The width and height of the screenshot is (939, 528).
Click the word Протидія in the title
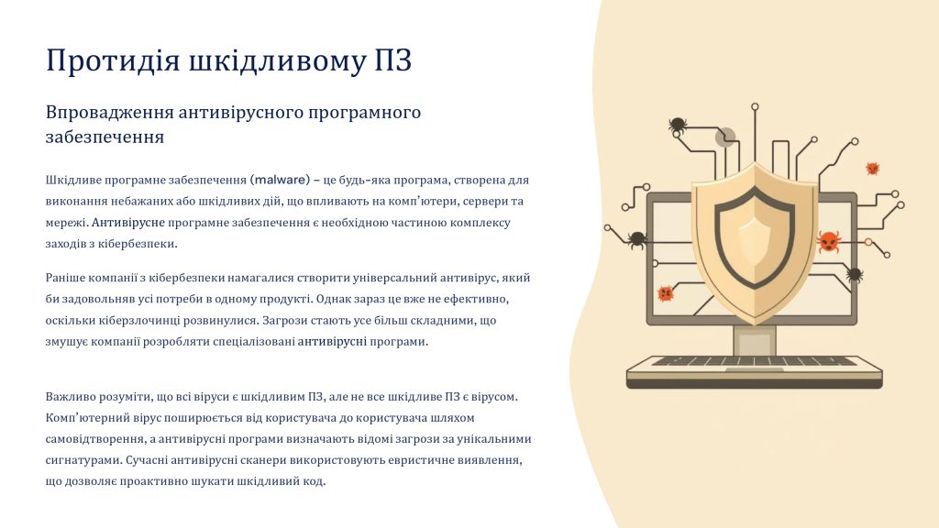(113, 60)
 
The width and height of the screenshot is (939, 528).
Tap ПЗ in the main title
(392, 60)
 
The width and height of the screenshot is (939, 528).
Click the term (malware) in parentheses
(281, 180)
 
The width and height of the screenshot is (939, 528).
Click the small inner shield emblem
(755, 243)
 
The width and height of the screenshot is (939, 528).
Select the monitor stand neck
(755, 341)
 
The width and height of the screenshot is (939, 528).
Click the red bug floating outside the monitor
(873, 169)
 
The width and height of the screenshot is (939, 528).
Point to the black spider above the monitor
(678, 125)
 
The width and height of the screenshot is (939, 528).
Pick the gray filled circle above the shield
(725, 137)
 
